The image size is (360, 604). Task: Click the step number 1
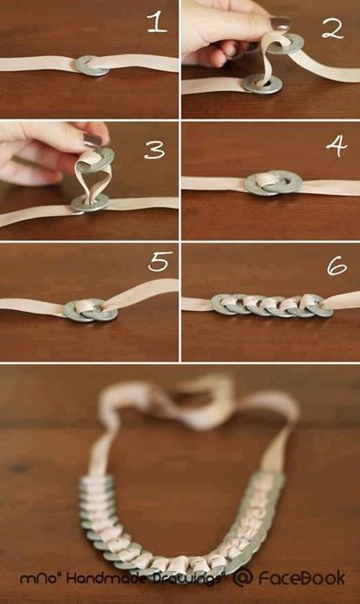(158, 23)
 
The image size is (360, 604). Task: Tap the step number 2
(332, 29)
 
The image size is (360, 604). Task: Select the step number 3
(154, 149)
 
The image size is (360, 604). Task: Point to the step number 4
(337, 146)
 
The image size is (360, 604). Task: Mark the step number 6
(337, 267)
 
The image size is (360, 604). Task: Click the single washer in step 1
(91, 65)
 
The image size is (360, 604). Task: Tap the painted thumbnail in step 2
(280, 23)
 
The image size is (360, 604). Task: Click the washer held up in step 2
(289, 44)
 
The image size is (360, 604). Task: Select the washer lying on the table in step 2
(262, 84)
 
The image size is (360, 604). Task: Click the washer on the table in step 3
(90, 203)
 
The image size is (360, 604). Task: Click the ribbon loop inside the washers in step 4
(266, 181)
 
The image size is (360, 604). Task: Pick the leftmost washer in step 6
(223, 305)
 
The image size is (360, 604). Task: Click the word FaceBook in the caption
(301, 578)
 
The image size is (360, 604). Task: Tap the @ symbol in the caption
(243, 578)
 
